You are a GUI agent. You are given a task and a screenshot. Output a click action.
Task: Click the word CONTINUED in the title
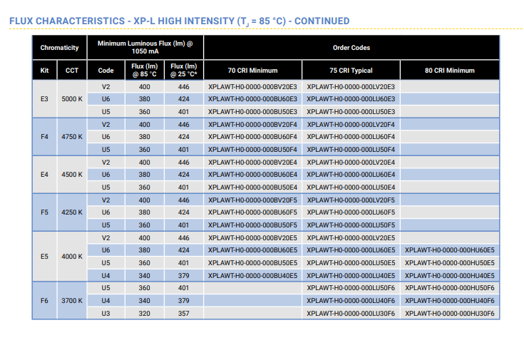pyautogui.click(x=322, y=21)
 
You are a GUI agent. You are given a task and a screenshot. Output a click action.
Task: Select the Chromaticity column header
pyautogui.click(x=59, y=48)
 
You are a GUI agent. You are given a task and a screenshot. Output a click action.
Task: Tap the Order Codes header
pyautogui.click(x=351, y=48)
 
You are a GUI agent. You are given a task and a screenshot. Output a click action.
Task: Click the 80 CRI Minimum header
pyautogui.click(x=449, y=70)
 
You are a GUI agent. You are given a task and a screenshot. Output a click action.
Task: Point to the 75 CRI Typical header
pyautogui.click(x=351, y=70)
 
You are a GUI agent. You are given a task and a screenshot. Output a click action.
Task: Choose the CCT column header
pyautogui.click(x=72, y=70)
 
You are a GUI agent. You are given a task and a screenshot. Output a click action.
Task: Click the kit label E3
pyautogui.click(x=44, y=99)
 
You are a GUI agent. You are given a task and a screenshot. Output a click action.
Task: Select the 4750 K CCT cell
pyautogui.click(x=72, y=137)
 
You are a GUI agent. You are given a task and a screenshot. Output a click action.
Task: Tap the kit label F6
pyautogui.click(x=44, y=301)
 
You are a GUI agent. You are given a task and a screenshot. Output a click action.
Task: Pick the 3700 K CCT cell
pyautogui.click(x=72, y=301)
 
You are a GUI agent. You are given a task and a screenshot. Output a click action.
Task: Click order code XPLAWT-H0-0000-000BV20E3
pyautogui.click(x=252, y=86)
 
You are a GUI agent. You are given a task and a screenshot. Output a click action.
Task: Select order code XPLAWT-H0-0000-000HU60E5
pyautogui.click(x=449, y=250)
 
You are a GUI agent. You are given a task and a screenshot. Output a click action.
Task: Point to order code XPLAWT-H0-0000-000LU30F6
pyautogui.click(x=351, y=314)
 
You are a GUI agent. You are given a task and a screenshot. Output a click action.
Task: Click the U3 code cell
pyautogui.click(x=106, y=314)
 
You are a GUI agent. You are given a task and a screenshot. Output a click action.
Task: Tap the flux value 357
pyautogui.click(x=183, y=314)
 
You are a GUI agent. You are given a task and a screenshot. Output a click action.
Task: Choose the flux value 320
pyautogui.click(x=144, y=314)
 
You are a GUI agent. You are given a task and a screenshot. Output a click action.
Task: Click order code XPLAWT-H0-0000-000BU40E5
pyautogui.click(x=252, y=276)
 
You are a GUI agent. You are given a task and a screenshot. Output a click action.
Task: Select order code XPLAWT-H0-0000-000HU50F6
pyautogui.click(x=449, y=288)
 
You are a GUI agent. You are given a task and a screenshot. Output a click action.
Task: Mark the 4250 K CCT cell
pyautogui.click(x=72, y=212)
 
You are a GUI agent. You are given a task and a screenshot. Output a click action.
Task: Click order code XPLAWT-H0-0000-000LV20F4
pyautogui.click(x=351, y=124)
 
